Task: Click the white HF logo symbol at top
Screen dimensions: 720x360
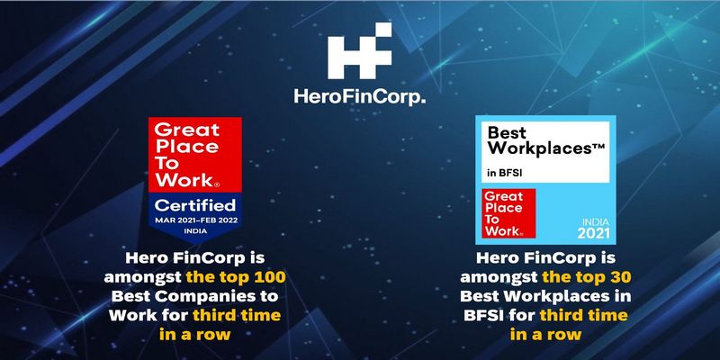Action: (359, 50)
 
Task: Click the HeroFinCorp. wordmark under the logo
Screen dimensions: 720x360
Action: (359, 97)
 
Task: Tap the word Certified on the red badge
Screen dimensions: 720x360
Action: (195, 205)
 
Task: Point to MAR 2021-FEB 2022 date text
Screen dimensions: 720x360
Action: (196, 220)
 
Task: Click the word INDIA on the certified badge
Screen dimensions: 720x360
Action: (195, 231)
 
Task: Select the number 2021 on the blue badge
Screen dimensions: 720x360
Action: (594, 233)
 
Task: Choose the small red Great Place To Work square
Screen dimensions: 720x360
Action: (508, 213)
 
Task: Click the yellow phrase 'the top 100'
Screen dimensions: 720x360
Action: (236, 277)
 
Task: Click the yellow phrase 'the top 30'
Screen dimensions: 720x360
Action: (587, 277)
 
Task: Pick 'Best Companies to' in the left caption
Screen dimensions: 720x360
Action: (194, 296)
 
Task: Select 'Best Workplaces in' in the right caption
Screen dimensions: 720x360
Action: (545, 296)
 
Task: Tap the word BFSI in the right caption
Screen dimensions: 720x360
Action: (481, 316)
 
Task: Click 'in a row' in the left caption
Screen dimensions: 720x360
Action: (194, 334)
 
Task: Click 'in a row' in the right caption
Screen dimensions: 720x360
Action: (545, 334)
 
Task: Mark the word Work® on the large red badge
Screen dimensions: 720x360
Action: (187, 180)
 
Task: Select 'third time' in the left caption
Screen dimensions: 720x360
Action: (237, 316)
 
